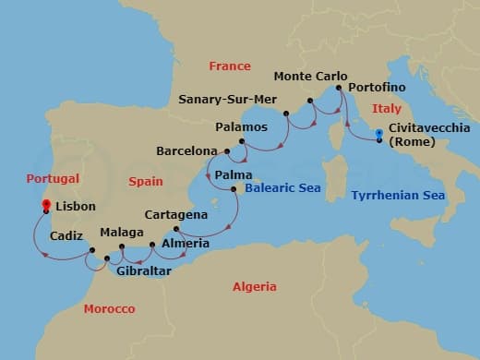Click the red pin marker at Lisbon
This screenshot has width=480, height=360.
46,205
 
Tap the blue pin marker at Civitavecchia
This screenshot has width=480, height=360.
379,134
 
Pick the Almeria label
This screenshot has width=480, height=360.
186,244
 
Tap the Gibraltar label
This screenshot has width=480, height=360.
143,270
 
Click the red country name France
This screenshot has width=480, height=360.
230,66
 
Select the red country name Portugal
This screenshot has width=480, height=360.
54,178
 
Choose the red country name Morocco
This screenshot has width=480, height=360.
109,308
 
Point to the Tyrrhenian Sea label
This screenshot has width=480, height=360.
398,196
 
